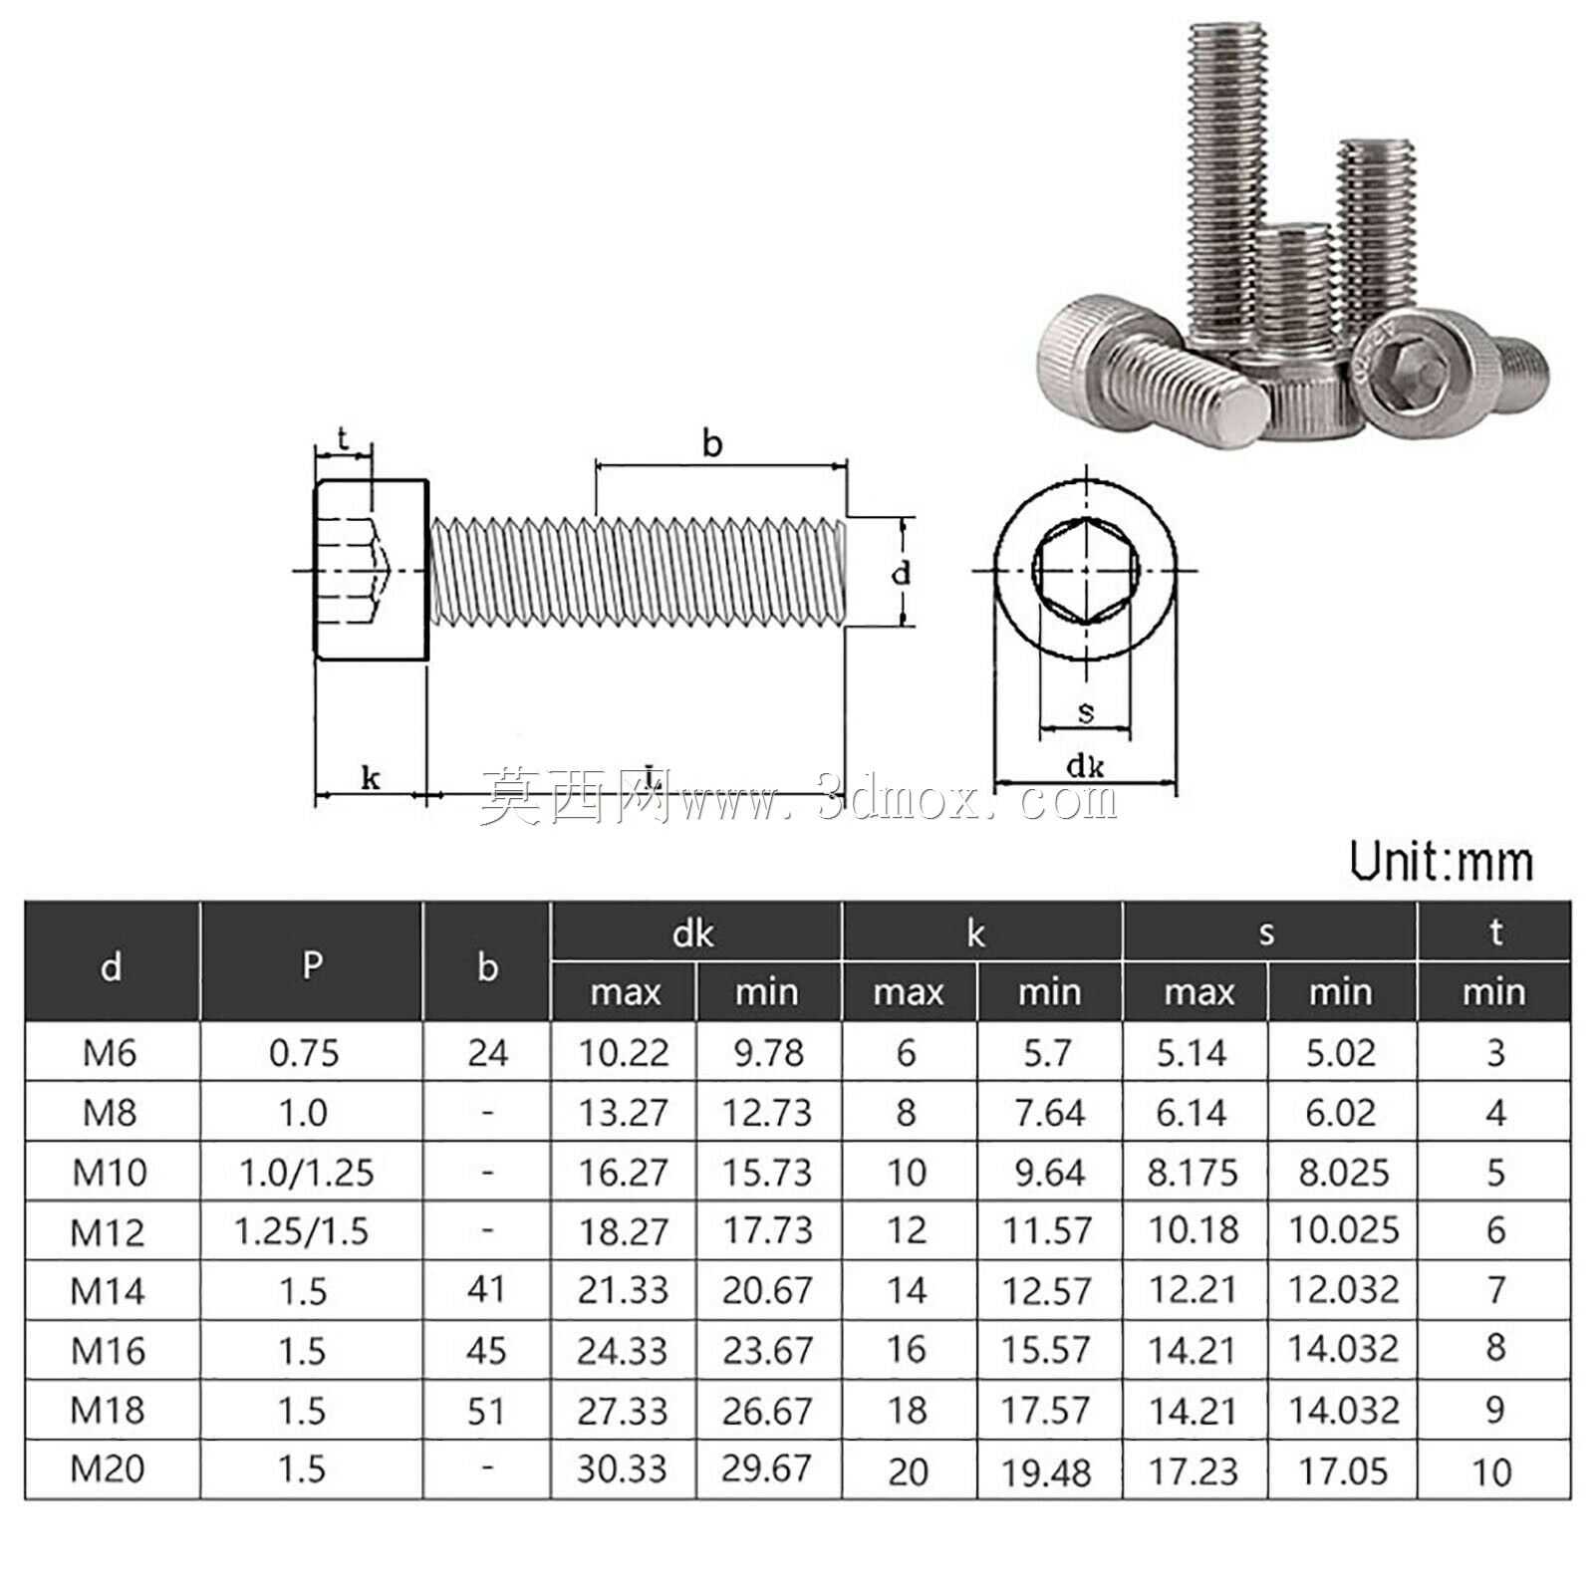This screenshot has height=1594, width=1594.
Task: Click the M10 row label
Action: pyautogui.click(x=110, y=1173)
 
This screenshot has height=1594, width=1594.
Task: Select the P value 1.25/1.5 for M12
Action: pyautogui.click(x=302, y=1232)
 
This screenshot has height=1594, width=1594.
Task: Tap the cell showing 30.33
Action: pyautogui.click(x=623, y=1469)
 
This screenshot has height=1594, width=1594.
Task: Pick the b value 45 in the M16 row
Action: pyautogui.click(x=486, y=1351)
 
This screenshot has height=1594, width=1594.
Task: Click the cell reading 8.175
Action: pyautogui.click(x=1193, y=1173)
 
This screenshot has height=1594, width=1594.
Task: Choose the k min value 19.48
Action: pyautogui.click(x=1047, y=1471)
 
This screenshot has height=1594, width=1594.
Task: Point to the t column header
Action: pyautogui.click(x=1495, y=932)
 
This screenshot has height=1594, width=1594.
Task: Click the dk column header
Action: pyautogui.click(x=693, y=933)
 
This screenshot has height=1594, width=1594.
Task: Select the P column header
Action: pyautogui.click(x=312, y=964)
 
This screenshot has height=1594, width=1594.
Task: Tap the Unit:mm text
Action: pyautogui.click(x=1442, y=862)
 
